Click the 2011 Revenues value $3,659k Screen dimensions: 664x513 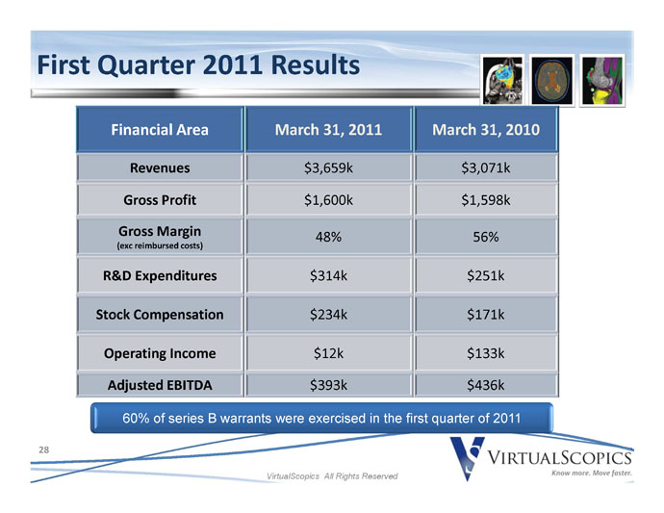328,168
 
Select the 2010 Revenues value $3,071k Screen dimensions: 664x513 486,168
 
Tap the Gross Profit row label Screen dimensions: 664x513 160,200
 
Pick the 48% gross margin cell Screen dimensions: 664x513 328,237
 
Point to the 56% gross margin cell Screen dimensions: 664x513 486,237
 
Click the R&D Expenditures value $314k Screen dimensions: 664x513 328,276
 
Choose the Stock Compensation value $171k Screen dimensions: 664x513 486,315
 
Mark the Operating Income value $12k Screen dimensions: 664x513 328,353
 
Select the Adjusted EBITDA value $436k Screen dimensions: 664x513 486,385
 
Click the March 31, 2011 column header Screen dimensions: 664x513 328,130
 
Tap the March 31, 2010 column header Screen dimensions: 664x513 486,130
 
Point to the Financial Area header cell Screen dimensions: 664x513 160,130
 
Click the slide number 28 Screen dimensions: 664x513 43,449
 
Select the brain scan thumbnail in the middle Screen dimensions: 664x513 551,81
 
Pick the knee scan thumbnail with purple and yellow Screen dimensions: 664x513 602,81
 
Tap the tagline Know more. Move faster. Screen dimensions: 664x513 591,473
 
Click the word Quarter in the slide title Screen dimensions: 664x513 146,65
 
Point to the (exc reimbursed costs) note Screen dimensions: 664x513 160,245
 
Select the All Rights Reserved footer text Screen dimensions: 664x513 361,476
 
